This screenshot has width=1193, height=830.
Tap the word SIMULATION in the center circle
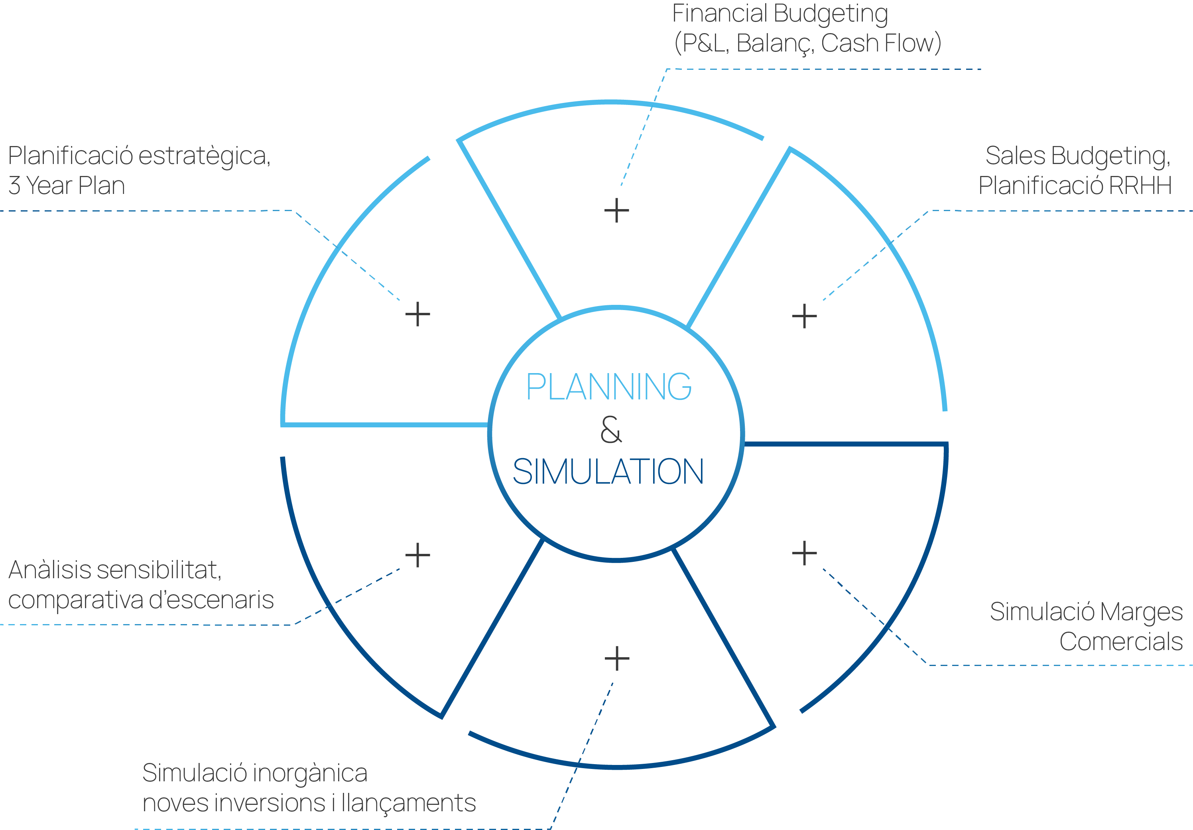click(x=608, y=472)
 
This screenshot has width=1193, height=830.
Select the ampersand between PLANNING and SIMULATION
click(x=611, y=429)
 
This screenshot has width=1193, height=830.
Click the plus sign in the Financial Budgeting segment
click(x=617, y=211)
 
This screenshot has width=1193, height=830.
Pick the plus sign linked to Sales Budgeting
click(x=804, y=316)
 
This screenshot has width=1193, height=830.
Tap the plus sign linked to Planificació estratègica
click(x=418, y=314)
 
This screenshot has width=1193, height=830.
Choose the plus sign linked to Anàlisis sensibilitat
click(x=418, y=555)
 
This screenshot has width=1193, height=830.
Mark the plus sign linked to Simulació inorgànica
click(x=617, y=658)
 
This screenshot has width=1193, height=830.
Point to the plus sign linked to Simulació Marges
click(x=804, y=553)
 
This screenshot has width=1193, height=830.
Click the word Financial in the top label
click(x=720, y=14)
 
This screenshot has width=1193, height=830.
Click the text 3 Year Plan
click(x=67, y=186)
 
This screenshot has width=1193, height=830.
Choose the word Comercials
click(x=1121, y=642)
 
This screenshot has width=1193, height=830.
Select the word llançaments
click(x=408, y=803)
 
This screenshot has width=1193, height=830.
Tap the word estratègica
click(x=205, y=156)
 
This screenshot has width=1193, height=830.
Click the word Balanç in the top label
click(x=775, y=43)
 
